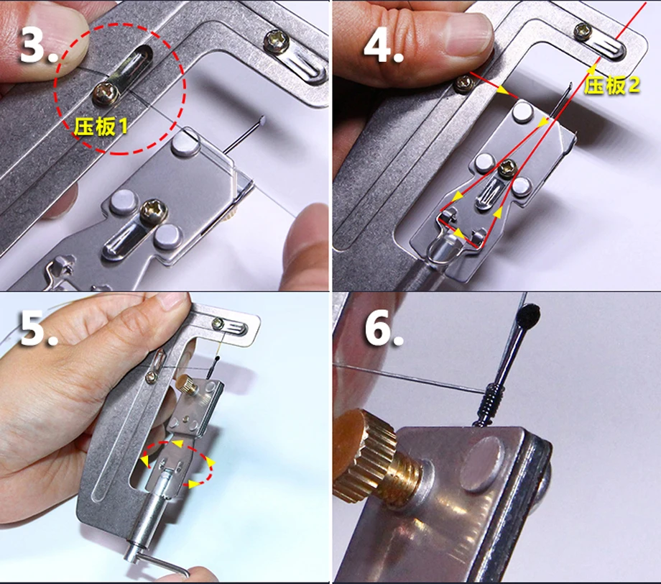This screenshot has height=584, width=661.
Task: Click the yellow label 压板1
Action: (101, 126)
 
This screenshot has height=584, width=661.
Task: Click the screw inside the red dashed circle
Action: (106, 93)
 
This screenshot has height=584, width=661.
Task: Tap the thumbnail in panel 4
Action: (467, 35)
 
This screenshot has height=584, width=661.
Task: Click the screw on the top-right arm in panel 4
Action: (583, 32)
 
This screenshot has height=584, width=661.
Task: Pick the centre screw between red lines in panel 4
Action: (507, 169)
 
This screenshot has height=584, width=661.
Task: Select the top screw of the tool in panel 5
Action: (218, 324)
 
